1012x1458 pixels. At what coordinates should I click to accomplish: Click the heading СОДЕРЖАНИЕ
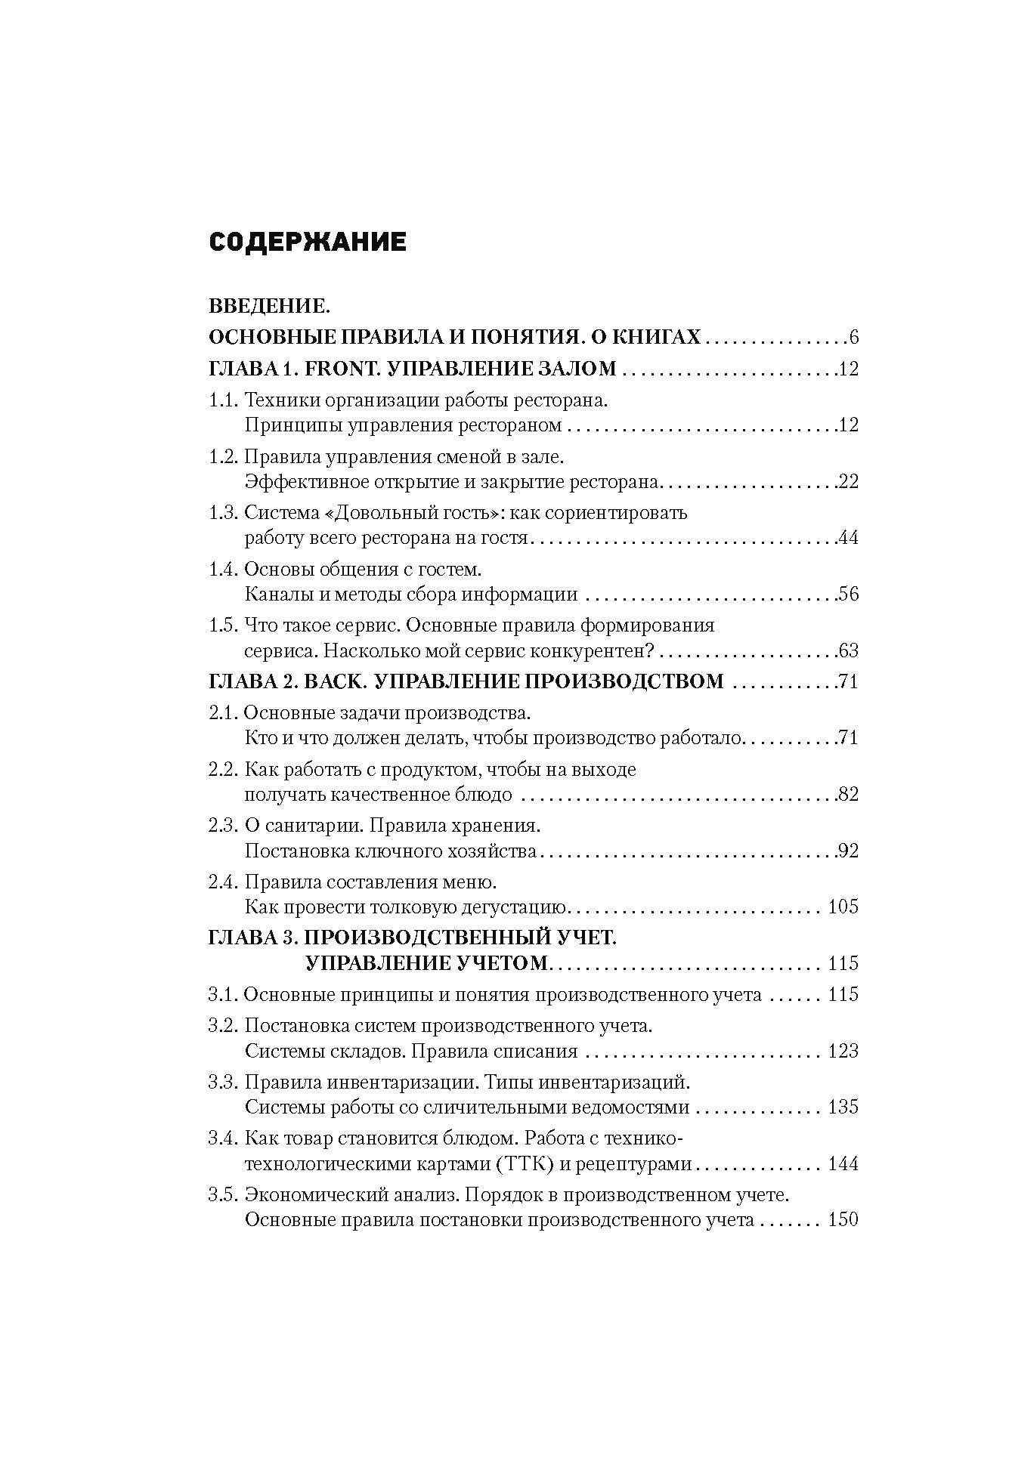[x=307, y=242]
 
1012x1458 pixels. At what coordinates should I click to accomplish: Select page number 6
[x=854, y=338]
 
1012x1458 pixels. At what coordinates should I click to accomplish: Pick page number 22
[x=848, y=481]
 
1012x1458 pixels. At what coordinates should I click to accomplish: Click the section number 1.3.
[x=223, y=513]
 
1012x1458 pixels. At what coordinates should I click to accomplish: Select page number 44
[x=848, y=538]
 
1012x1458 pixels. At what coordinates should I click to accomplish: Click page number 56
[x=848, y=594]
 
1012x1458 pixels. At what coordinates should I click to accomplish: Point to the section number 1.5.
[x=223, y=626]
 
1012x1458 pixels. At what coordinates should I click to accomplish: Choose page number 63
[x=848, y=650]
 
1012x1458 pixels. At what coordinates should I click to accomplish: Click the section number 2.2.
[x=223, y=770]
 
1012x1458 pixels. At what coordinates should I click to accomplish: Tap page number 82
[x=848, y=794]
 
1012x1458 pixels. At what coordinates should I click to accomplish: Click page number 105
[x=843, y=907]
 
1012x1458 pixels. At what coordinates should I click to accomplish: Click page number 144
[x=843, y=1163]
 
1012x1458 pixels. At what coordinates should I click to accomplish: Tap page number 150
[x=843, y=1220]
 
